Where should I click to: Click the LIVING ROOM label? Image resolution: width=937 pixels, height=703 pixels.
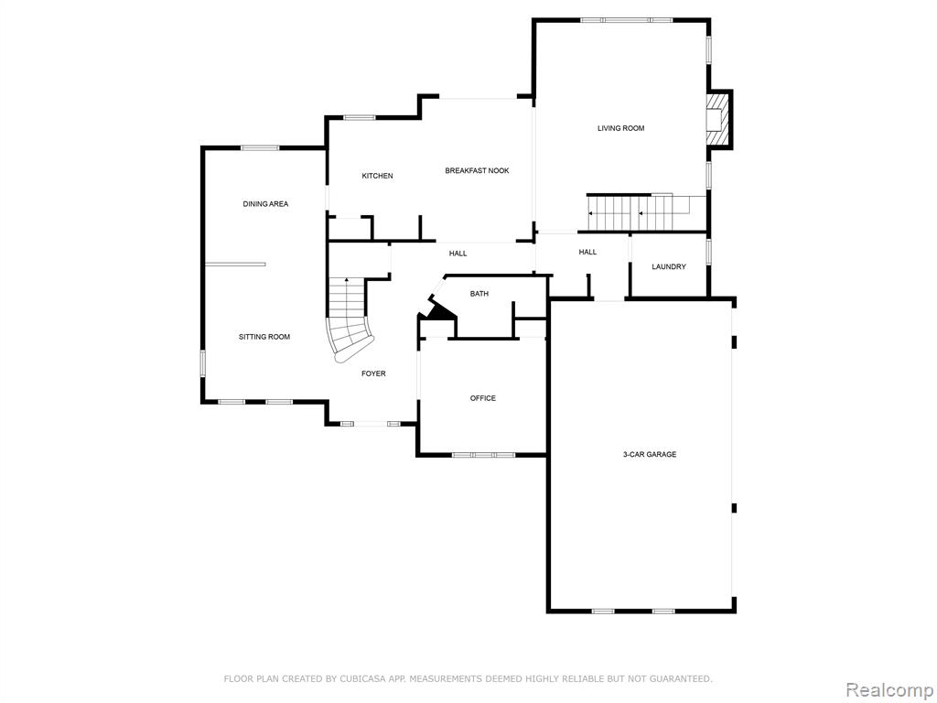click(x=621, y=128)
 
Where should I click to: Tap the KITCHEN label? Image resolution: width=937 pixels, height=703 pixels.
click(x=378, y=176)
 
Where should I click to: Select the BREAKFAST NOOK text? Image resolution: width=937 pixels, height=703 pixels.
click(x=477, y=170)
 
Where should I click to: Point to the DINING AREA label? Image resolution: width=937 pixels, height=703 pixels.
click(x=265, y=204)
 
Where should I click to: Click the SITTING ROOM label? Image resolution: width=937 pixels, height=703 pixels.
click(x=264, y=337)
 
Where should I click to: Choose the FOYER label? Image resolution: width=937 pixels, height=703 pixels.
click(x=373, y=373)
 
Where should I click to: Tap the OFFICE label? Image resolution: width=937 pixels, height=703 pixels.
click(x=483, y=398)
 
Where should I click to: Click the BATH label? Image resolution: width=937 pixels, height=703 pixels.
click(x=479, y=294)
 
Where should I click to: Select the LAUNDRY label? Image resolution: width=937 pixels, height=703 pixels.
click(x=669, y=266)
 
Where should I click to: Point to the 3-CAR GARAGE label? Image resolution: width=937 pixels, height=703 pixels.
click(x=650, y=454)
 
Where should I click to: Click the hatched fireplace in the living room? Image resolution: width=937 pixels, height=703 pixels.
click(x=719, y=120)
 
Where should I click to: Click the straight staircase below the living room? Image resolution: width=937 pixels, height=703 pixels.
click(x=640, y=212)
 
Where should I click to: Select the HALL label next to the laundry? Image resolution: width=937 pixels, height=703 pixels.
click(x=587, y=253)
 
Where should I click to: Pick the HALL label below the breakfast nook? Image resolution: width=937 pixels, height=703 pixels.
click(x=458, y=254)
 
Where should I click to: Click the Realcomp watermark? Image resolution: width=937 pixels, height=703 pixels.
click(x=889, y=690)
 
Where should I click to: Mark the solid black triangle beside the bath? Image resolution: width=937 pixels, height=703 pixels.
click(x=438, y=309)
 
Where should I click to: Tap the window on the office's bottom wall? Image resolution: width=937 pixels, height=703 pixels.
click(x=483, y=455)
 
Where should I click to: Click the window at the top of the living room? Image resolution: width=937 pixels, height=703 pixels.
click(x=627, y=20)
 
